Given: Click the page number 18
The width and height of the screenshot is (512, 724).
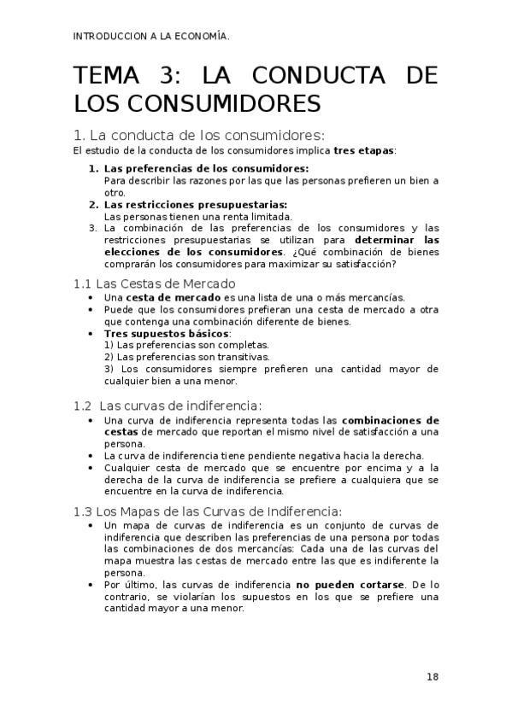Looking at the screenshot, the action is pyautogui.click(x=433, y=677).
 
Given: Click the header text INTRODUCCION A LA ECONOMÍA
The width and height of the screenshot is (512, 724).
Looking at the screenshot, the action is pyautogui.click(x=152, y=36).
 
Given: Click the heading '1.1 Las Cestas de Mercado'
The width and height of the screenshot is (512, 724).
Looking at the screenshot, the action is pyautogui.click(x=154, y=283).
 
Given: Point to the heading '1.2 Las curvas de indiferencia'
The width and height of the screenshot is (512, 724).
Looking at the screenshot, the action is pyautogui.click(x=168, y=405).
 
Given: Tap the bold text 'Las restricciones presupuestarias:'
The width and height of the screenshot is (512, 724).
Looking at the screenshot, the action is pyautogui.click(x=196, y=205).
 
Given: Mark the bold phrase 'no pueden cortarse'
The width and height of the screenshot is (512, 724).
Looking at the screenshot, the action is pyautogui.click(x=350, y=585).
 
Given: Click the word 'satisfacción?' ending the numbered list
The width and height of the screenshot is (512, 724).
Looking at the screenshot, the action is pyautogui.click(x=366, y=264).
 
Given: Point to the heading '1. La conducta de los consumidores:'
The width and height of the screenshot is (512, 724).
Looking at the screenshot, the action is pyautogui.click(x=199, y=135).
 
